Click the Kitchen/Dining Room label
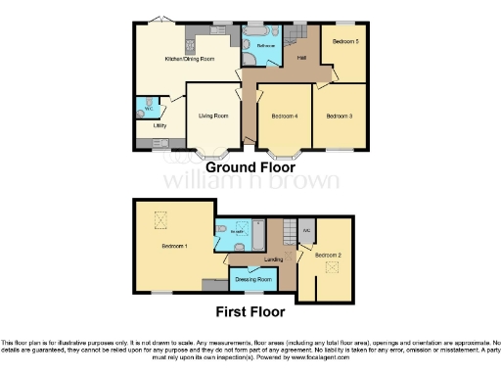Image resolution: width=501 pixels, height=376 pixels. click(x=161, y=59)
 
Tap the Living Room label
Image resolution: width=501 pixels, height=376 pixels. click(x=213, y=117)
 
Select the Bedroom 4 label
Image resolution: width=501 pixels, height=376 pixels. click(x=283, y=117)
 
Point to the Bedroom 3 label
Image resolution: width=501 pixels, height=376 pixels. click(x=340, y=117)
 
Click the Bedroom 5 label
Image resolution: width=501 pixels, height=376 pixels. click(x=344, y=42)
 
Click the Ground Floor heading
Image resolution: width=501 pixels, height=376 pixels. click(x=250, y=167)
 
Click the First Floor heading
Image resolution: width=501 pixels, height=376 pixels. click(x=250, y=312)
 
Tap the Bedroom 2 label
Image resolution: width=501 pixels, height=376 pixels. click(x=328, y=255)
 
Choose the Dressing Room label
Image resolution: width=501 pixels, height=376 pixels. click(x=251, y=278)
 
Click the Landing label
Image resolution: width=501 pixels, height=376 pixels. click(x=274, y=259)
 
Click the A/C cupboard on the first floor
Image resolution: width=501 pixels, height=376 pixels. click(x=306, y=232)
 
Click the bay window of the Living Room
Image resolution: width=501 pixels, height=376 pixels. click(x=212, y=155)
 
